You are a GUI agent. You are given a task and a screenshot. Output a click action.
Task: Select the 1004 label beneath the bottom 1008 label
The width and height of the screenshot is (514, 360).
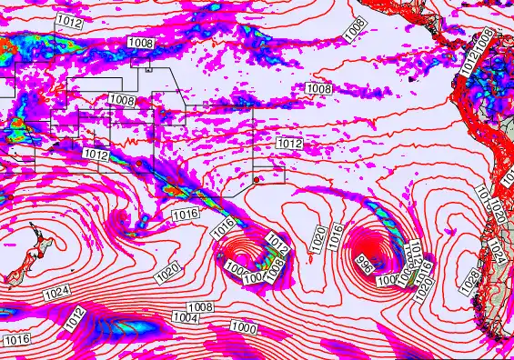point(186,318)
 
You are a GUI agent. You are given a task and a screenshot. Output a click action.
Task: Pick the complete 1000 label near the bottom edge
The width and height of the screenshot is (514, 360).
point(243,326)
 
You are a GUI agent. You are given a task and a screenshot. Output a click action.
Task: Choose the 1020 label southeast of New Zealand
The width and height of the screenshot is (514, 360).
point(168,271)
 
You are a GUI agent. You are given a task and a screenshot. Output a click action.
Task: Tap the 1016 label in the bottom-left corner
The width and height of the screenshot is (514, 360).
point(16,339)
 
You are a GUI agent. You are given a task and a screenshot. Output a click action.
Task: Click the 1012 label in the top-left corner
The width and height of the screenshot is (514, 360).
point(66,19)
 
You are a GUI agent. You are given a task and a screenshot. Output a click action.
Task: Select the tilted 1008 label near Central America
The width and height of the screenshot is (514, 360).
point(356,28)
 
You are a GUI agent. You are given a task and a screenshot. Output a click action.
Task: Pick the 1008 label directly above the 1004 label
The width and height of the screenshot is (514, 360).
point(200,307)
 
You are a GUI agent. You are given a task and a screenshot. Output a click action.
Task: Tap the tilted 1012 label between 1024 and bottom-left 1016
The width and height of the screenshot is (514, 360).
point(75,319)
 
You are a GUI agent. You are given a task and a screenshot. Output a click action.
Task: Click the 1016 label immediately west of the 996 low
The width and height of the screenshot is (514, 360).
point(338,235)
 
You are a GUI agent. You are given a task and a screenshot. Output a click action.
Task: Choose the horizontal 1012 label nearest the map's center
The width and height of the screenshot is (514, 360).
point(289,145)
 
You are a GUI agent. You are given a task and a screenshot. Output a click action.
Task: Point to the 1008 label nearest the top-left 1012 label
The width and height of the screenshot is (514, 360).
point(141,43)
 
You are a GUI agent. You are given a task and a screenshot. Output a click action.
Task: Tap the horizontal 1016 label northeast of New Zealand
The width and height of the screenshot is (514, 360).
point(185,215)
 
